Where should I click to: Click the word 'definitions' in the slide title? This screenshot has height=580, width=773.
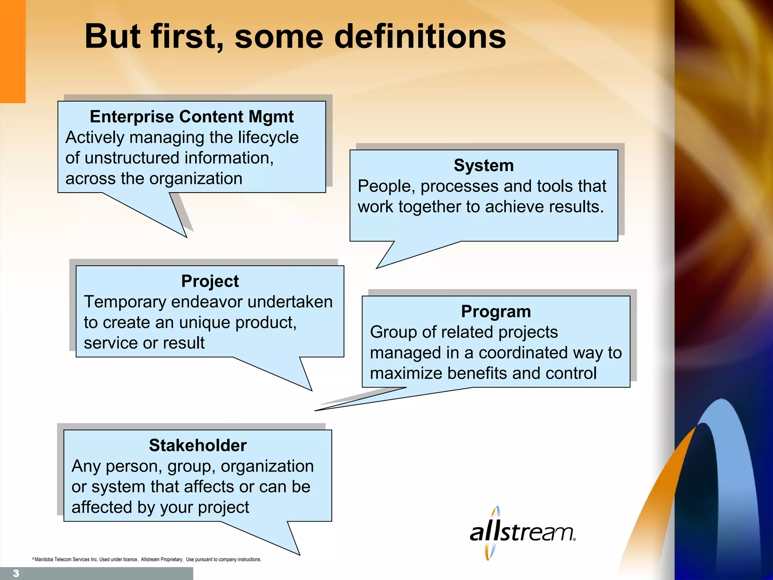pyautogui.click(x=420, y=37)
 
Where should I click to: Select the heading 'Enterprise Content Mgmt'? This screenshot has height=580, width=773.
pyautogui.click(x=191, y=117)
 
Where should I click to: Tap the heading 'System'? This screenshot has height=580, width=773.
pyautogui.click(x=484, y=166)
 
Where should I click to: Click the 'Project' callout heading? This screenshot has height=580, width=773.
pyautogui.click(x=210, y=281)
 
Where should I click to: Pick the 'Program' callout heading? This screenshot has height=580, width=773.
pyautogui.click(x=496, y=312)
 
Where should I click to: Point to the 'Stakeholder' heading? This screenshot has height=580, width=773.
pyautogui.click(x=197, y=446)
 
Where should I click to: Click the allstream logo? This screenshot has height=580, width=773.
pyautogui.click(x=522, y=533)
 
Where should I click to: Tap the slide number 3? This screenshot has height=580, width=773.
pyautogui.click(x=16, y=573)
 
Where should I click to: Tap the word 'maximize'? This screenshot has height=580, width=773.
pyautogui.click(x=406, y=373)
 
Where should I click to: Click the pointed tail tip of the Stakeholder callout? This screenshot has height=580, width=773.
pyautogui.click(x=299, y=554)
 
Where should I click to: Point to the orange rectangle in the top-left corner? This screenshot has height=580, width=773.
pyautogui.click(x=12, y=51)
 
